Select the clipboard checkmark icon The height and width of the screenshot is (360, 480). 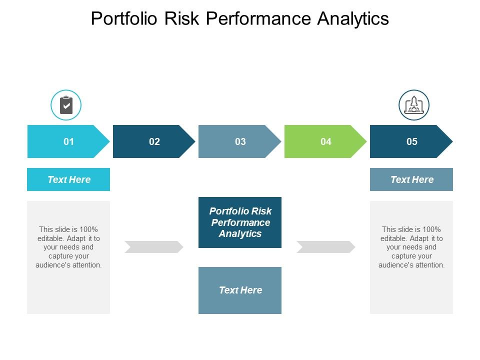click(66, 105)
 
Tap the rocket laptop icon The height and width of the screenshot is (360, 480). click(414, 105)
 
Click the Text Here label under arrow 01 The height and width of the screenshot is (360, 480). click(68, 179)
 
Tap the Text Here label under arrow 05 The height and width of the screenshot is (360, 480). click(411, 179)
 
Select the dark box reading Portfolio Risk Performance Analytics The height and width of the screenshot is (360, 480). click(240, 222)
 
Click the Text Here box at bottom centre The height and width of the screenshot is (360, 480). click(240, 290)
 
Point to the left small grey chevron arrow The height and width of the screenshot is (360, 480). click(154, 247)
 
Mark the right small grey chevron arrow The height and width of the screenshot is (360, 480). click(326, 247)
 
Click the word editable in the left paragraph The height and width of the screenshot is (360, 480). click(49, 238)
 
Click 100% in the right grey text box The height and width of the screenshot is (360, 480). click(430, 229)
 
